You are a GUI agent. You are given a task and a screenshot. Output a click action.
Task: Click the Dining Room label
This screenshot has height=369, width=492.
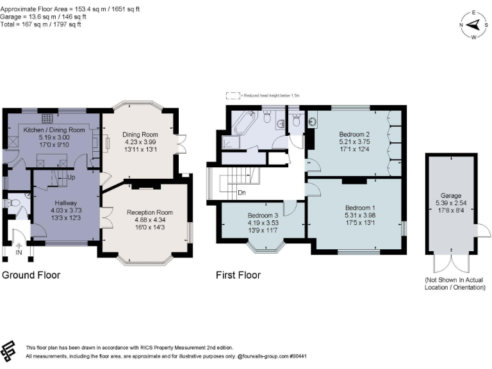[139, 135]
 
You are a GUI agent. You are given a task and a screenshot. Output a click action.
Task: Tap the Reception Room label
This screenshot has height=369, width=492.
[149, 212]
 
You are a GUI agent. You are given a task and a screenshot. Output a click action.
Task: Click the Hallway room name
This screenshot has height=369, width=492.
[66, 202]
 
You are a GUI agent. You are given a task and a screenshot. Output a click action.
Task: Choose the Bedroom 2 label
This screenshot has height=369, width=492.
[354, 135]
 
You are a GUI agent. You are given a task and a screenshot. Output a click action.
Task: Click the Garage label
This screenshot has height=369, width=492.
[450, 196]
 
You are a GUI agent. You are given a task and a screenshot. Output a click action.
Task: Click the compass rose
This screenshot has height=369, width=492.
[473, 25]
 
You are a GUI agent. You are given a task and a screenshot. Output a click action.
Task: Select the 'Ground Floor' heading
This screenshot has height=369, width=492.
[31, 275]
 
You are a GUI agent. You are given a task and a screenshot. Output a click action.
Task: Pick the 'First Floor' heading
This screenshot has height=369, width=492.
[238, 275]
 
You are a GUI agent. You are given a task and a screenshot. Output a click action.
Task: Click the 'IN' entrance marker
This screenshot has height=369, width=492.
[18, 253]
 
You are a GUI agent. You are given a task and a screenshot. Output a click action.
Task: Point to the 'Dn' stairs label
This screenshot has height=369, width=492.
[241, 192]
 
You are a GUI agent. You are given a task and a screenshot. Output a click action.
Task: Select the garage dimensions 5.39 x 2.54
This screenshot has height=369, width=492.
[450, 203]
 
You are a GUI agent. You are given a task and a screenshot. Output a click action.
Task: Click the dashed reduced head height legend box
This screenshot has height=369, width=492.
[232, 95]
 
